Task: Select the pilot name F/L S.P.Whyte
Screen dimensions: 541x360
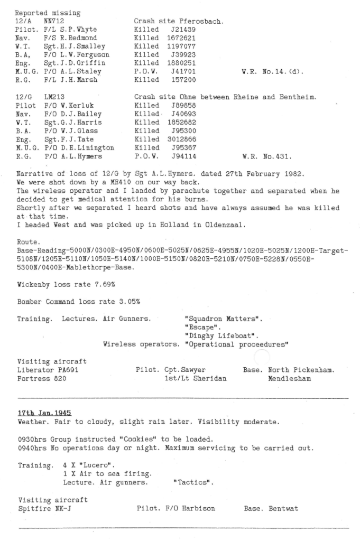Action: (71, 30)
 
